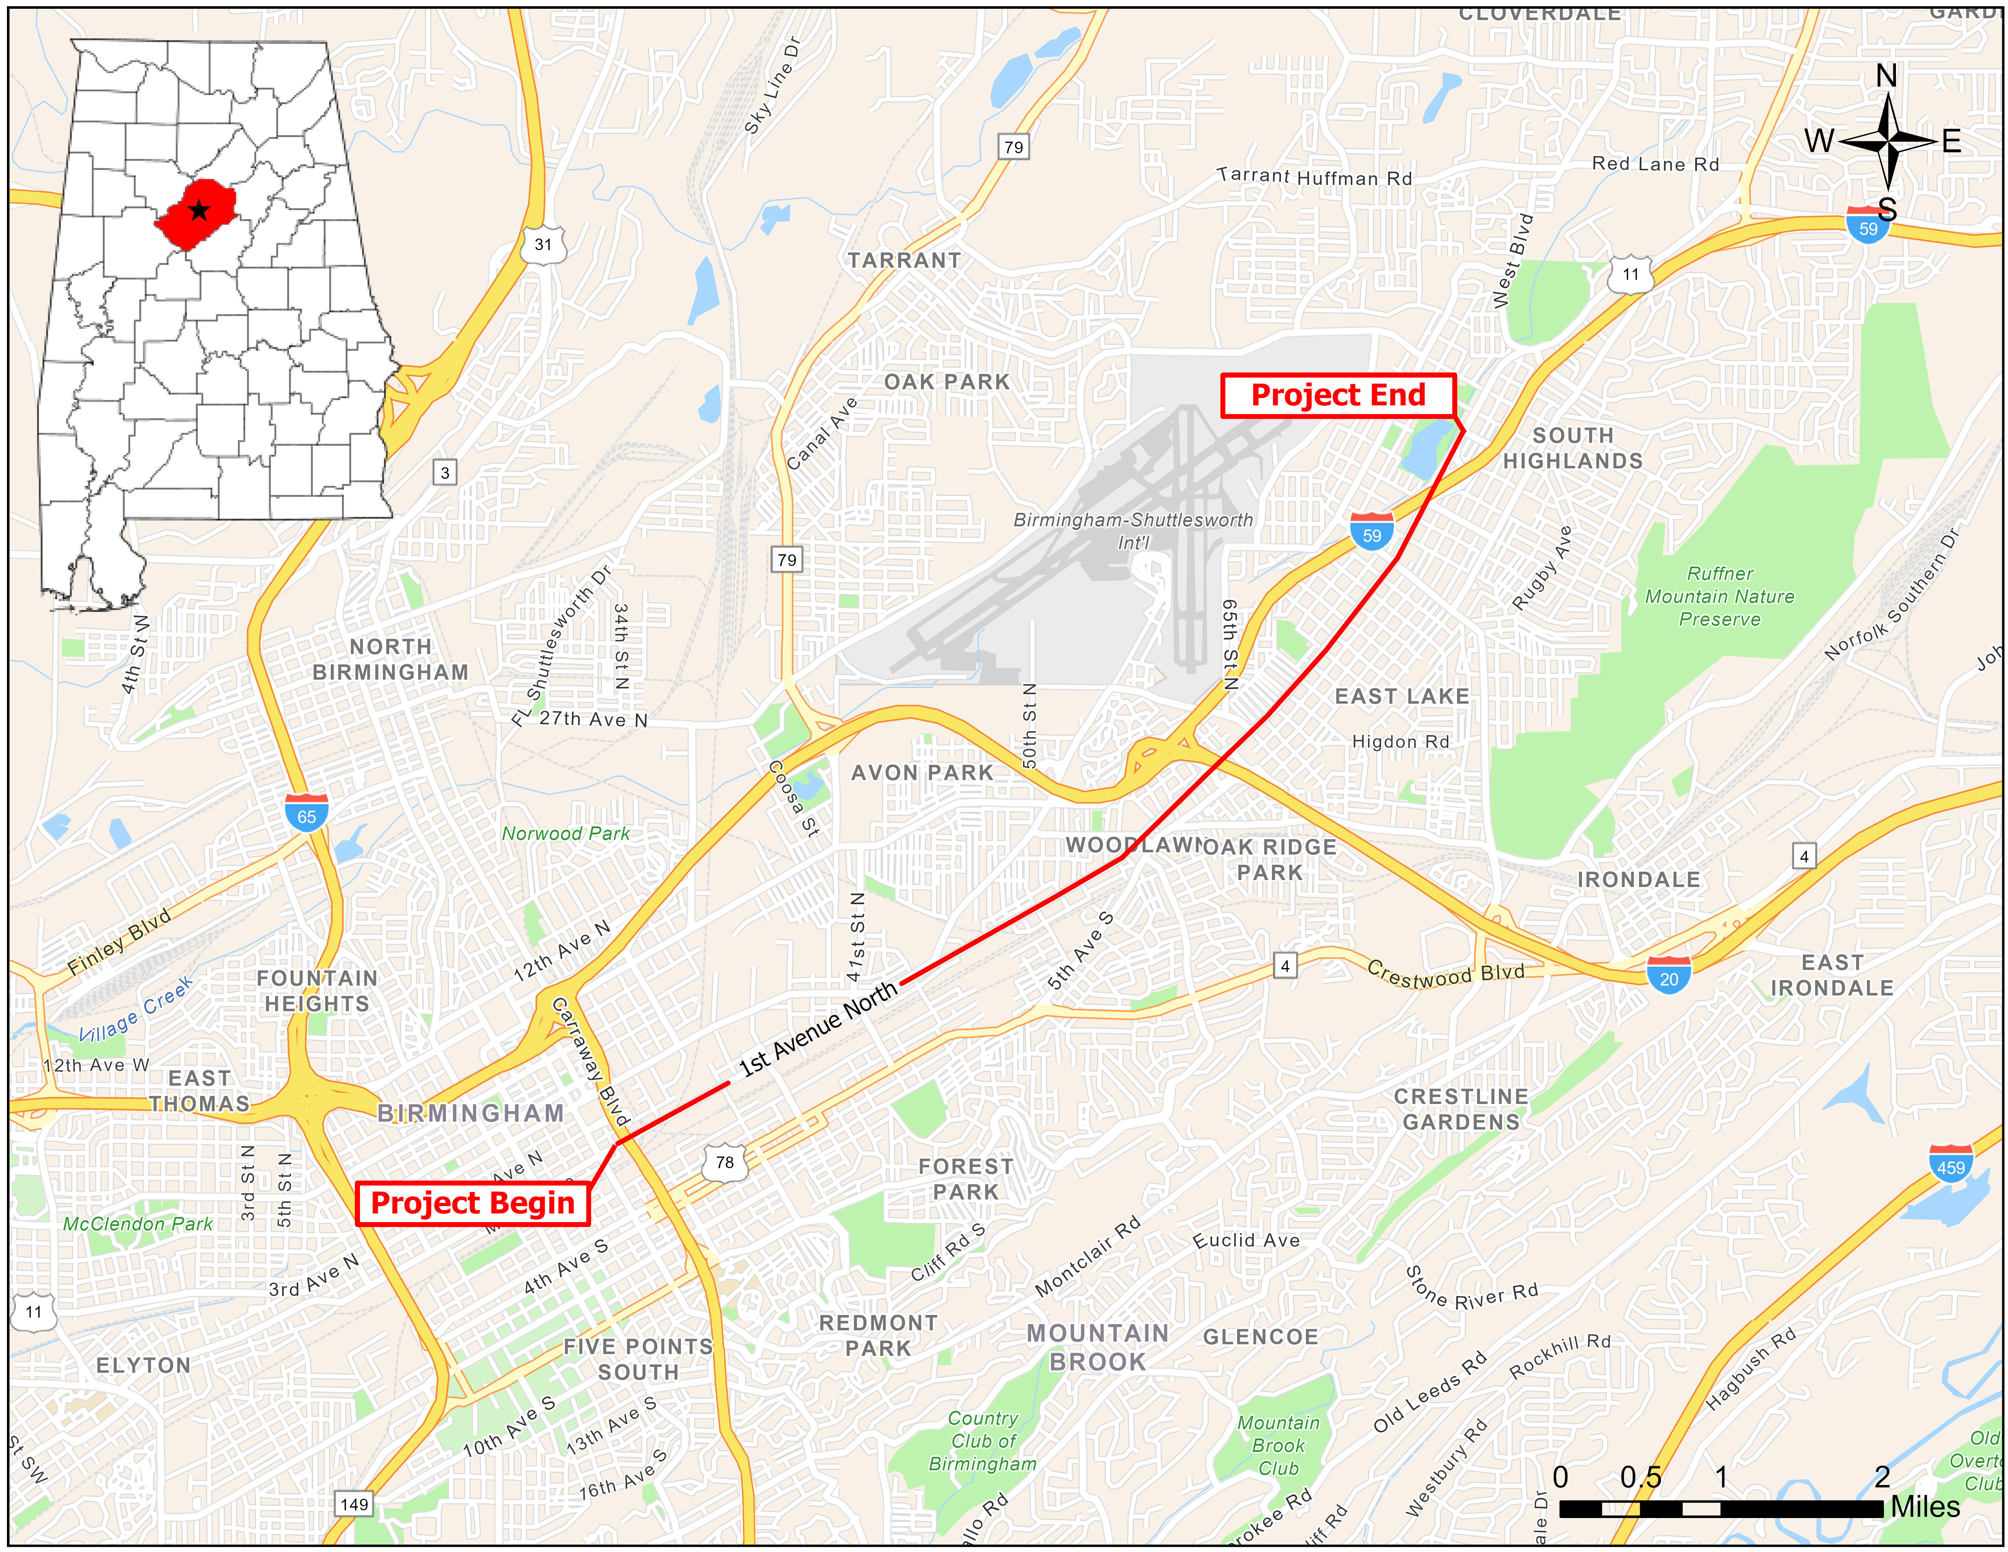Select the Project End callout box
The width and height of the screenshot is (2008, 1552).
tap(1338, 395)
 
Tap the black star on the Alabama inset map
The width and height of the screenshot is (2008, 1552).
tap(199, 211)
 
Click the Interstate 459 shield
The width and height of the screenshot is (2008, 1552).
tap(1950, 1166)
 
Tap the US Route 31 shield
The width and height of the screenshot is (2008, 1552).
tap(543, 245)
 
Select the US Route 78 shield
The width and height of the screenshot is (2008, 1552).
tap(724, 1162)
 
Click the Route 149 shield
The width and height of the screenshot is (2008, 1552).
tap(354, 1504)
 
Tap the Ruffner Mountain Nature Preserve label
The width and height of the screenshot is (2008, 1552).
tap(1719, 596)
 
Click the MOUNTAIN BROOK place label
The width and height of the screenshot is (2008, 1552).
tap(1098, 1347)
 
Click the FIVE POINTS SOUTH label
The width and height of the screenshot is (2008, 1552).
tap(638, 1359)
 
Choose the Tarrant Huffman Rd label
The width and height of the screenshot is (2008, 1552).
tap(1314, 176)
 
